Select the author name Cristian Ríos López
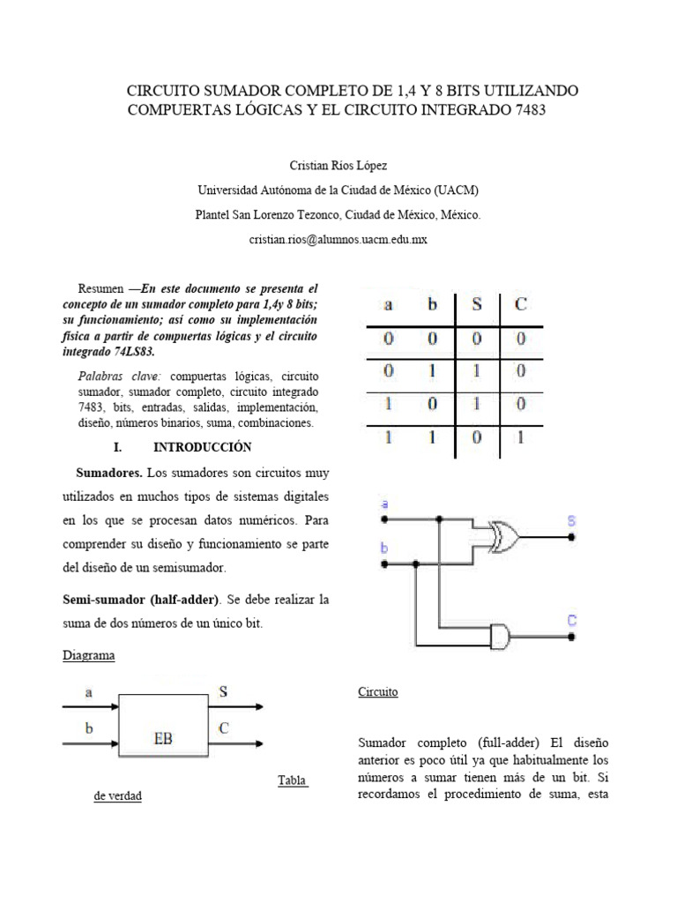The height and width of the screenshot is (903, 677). click(338, 165)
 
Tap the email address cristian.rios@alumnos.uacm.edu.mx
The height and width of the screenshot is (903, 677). click(338, 239)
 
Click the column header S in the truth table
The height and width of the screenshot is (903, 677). click(477, 306)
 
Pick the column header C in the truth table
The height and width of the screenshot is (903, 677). click(521, 306)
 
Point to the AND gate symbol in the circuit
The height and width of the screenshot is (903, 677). click(499, 634)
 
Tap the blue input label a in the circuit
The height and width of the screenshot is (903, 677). click(383, 504)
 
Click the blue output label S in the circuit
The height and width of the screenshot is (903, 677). click(571, 521)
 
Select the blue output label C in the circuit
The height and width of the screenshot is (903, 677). click(571, 622)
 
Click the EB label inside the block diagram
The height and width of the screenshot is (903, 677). click(163, 738)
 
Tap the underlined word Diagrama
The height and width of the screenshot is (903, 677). click(88, 656)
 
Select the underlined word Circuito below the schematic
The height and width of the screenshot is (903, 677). click(378, 691)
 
